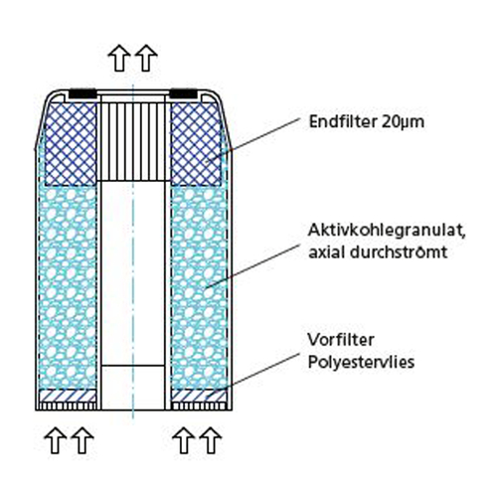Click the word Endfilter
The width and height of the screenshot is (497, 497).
click(344, 121)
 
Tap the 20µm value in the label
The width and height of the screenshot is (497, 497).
click(404, 122)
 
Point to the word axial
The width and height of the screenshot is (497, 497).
click(327, 252)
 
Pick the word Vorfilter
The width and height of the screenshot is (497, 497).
click(341, 340)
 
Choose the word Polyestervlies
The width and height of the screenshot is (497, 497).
click(361, 362)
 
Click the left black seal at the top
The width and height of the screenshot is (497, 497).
click(83, 93)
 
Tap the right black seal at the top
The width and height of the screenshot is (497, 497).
click(184, 93)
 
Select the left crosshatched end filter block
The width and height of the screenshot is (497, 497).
click(71, 144)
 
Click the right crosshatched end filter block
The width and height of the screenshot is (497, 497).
click(196, 144)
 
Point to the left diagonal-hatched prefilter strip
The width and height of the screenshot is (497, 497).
click(68, 396)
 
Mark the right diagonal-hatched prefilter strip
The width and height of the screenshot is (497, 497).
click(199, 396)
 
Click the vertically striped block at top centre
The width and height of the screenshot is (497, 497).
click(133, 141)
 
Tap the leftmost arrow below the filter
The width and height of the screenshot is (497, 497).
click(56, 440)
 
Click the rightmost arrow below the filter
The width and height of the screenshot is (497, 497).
click(211, 440)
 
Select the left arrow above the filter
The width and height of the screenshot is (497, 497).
click(119, 58)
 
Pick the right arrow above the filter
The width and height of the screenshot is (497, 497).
click(146, 58)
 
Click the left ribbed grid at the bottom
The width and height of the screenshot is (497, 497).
click(68, 407)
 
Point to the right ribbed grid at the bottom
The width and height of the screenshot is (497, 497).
click(199, 407)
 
